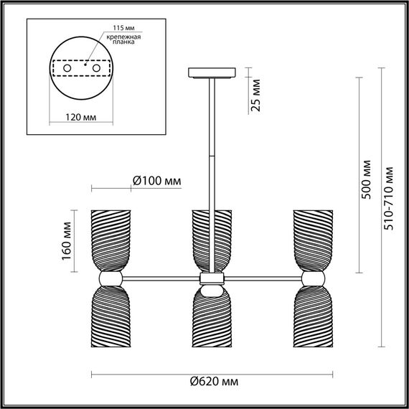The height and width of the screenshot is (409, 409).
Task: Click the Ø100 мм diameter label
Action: click(156, 182)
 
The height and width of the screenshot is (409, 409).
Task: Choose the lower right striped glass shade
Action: click(312, 319)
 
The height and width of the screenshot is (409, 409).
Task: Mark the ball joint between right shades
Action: click(312, 278)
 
